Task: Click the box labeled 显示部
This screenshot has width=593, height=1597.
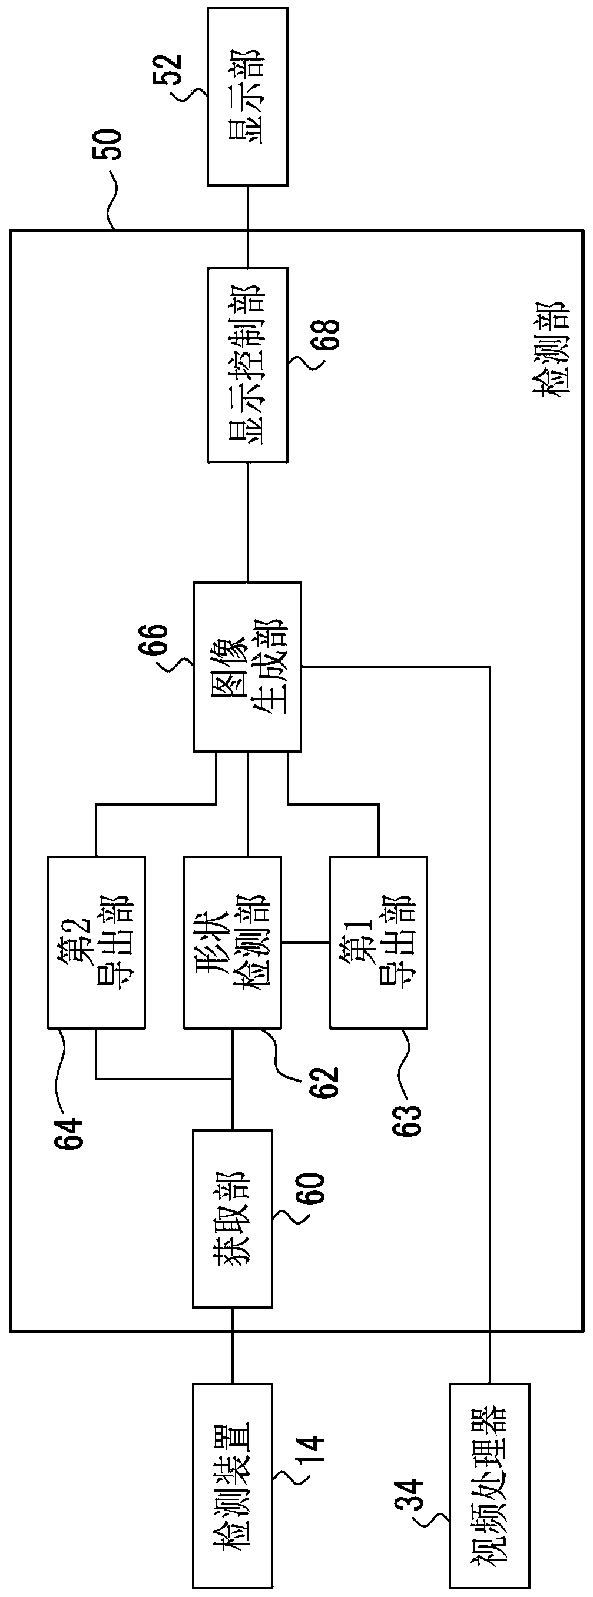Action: tap(247, 97)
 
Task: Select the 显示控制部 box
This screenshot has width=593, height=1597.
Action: tap(247, 365)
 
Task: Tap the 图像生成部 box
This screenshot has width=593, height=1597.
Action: tap(247, 667)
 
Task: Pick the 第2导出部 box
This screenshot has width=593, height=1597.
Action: tap(97, 943)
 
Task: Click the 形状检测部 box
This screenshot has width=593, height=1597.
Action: tap(233, 943)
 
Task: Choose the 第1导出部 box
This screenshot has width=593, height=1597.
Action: tap(379, 943)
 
